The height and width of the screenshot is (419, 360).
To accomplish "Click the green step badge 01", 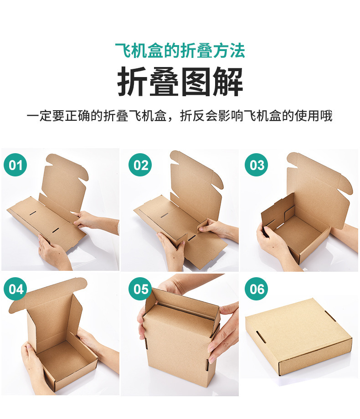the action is click(x=15, y=165).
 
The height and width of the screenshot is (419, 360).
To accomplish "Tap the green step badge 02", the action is click(x=140, y=165).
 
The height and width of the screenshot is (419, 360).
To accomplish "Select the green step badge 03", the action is click(x=257, y=165).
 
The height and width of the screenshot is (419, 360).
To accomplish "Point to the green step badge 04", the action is click(x=15, y=289).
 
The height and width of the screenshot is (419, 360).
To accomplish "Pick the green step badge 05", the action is click(x=140, y=289).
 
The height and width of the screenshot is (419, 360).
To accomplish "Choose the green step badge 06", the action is click(x=257, y=289).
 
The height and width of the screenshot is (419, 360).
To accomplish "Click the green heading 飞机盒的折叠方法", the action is click(x=180, y=51).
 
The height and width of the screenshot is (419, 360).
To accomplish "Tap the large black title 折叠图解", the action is click(x=180, y=82).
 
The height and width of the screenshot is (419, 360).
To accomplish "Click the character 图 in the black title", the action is click(x=196, y=82).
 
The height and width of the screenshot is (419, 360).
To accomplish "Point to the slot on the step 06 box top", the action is click(x=261, y=336).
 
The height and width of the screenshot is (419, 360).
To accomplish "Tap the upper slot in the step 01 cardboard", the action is click(x=33, y=213).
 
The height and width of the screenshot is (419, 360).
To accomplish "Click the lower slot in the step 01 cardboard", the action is click(x=56, y=230).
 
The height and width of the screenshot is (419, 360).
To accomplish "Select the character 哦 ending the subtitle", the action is click(x=326, y=116).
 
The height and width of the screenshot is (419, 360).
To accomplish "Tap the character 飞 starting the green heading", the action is click(x=123, y=51).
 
